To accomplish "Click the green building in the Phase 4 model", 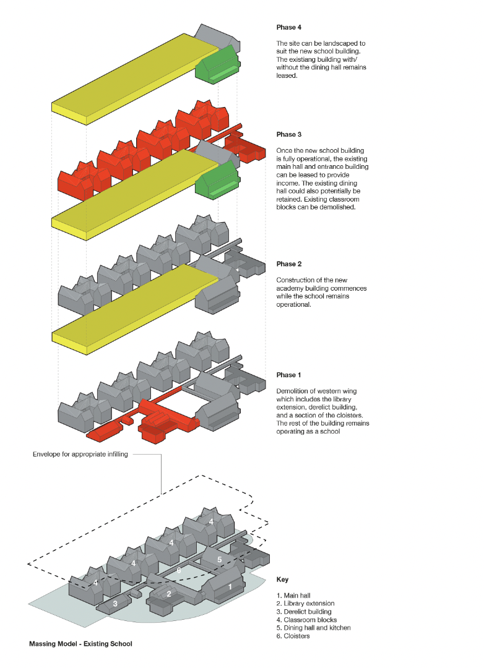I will coord(217,67).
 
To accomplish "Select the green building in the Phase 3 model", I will coord(217,181).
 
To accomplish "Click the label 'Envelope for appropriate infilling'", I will coord(80,454).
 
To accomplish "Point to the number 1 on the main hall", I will coord(230,586).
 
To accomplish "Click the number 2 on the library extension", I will coord(168,594).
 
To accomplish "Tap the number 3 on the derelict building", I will coord(115,603).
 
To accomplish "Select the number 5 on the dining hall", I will coord(219,559).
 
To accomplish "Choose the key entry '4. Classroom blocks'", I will coord(306,620).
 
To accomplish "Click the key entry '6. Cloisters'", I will coord(294,636).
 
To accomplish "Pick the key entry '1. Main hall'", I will coord(293,596).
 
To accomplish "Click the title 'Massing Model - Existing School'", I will coord(80,644).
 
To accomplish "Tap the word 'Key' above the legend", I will coord(282,580).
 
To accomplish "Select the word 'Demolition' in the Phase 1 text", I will coord(291,392).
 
